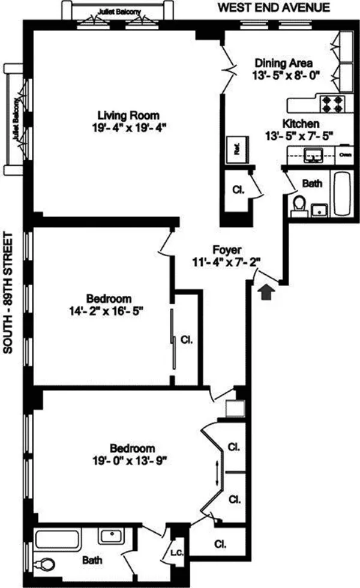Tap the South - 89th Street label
click(x=8, y=294)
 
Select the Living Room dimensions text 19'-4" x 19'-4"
click(x=129, y=127)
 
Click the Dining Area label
click(x=283, y=62)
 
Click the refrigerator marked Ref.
click(x=236, y=148)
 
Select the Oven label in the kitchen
click(x=345, y=154)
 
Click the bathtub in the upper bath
click(x=342, y=194)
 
